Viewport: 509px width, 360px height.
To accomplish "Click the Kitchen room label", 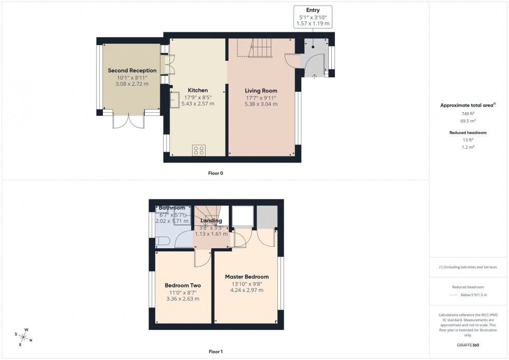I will [x=197, y=90].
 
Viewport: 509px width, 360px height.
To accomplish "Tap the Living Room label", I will [x=261, y=90].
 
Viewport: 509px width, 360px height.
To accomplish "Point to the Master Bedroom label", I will [x=247, y=277].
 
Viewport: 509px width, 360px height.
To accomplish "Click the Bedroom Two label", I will [x=183, y=285].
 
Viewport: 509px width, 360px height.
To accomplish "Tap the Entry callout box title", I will [x=313, y=10].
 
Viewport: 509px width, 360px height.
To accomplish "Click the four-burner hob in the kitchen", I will [x=198, y=150].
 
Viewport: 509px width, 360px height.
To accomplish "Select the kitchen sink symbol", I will [x=173, y=100].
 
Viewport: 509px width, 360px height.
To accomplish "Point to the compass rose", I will [x=24, y=336].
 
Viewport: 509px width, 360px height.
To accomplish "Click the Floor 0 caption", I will [x=215, y=173].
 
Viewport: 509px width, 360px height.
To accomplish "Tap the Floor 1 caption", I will [x=215, y=352].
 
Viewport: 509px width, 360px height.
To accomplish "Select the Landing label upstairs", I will [x=210, y=221].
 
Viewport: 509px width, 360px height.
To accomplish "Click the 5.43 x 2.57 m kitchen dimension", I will [x=197, y=104].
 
